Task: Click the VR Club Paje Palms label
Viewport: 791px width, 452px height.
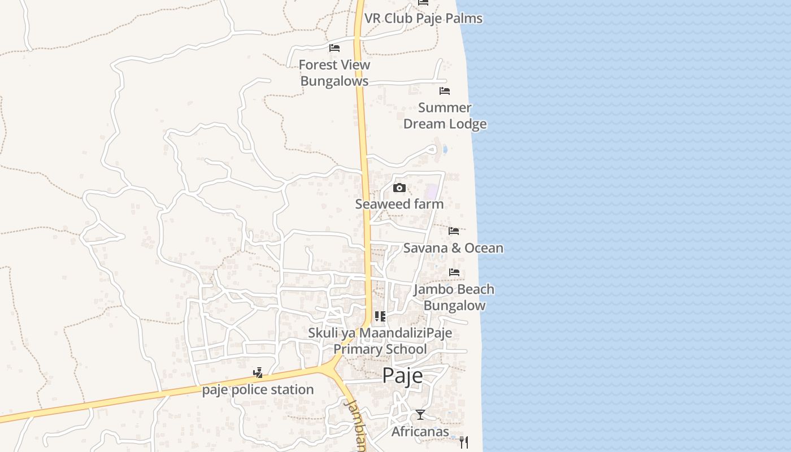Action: pyautogui.click(x=423, y=18)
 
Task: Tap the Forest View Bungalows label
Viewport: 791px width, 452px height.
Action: pyautogui.click(x=334, y=73)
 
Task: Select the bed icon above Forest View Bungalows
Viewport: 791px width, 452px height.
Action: pyautogui.click(x=334, y=48)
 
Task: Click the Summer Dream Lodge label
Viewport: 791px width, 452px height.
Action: pyautogui.click(x=445, y=116)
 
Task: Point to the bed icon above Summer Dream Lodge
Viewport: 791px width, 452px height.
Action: pyautogui.click(x=445, y=91)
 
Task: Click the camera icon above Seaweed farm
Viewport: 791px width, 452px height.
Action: pyautogui.click(x=399, y=188)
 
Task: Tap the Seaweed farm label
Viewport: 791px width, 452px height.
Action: pyautogui.click(x=399, y=204)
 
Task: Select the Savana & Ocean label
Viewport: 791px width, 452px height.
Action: pyautogui.click(x=453, y=248)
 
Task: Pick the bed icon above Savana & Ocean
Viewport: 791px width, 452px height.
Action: pyautogui.click(x=454, y=231)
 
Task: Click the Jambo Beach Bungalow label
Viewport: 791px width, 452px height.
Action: pyautogui.click(x=454, y=297)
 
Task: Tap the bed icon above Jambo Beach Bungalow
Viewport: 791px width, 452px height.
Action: pyautogui.click(x=454, y=272)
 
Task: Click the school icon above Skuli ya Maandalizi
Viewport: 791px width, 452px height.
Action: pyautogui.click(x=380, y=316)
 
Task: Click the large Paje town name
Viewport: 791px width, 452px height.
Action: pyautogui.click(x=402, y=375)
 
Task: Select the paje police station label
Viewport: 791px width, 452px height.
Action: pyautogui.click(x=258, y=390)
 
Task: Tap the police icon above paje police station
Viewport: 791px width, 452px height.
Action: pyautogui.click(x=258, y=373)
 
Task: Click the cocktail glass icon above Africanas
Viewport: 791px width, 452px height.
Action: pyautogui.click(x=420, y=415)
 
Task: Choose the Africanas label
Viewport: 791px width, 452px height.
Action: pyautogui.click(x=420, y=432)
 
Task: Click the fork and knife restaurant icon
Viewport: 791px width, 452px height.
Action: pyautogui.click(x=463, y=442)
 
